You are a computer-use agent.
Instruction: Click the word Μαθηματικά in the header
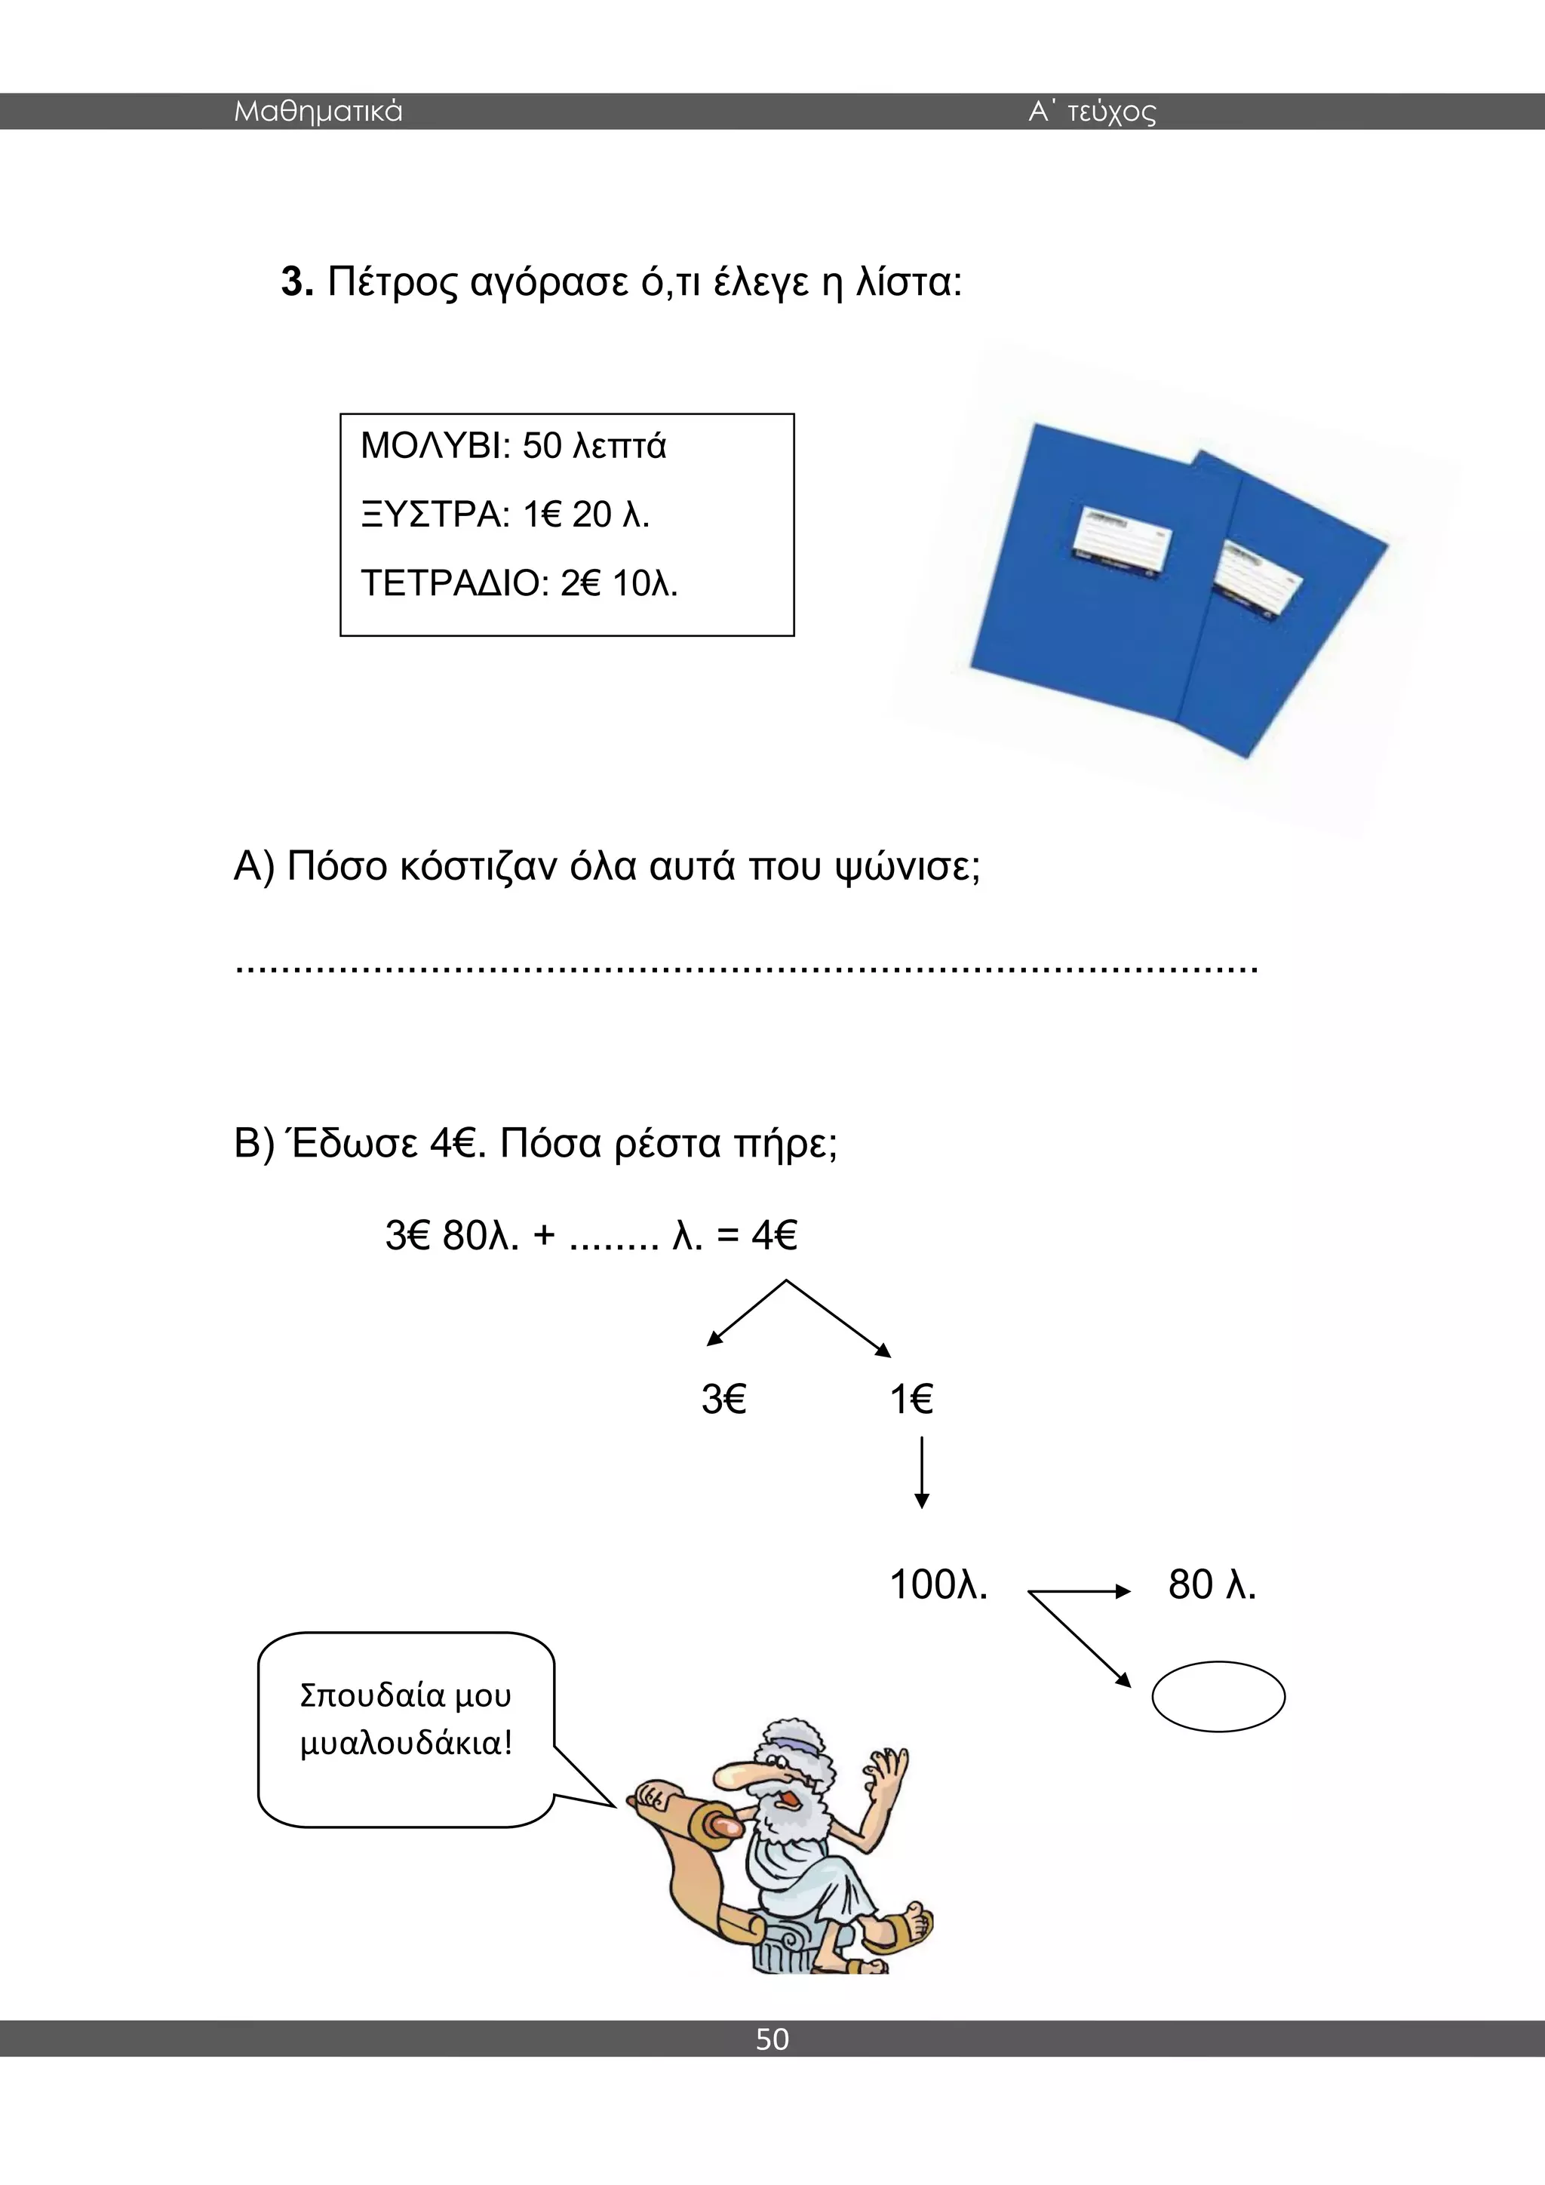coord(318,112)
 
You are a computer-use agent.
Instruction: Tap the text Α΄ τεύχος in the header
coord(1092,112)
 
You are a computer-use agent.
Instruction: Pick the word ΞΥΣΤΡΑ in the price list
coord(430,514)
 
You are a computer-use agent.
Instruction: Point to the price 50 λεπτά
coord(594,445)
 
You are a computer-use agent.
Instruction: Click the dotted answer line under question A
coord(746,969)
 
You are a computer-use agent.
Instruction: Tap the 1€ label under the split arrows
coord(911,1399)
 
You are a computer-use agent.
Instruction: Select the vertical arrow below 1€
coord(921,1474)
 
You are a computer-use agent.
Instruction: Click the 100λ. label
coord(938,1584)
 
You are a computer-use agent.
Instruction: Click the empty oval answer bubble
coord(1218,1696)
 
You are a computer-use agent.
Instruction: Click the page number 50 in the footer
coord(772,2039)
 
